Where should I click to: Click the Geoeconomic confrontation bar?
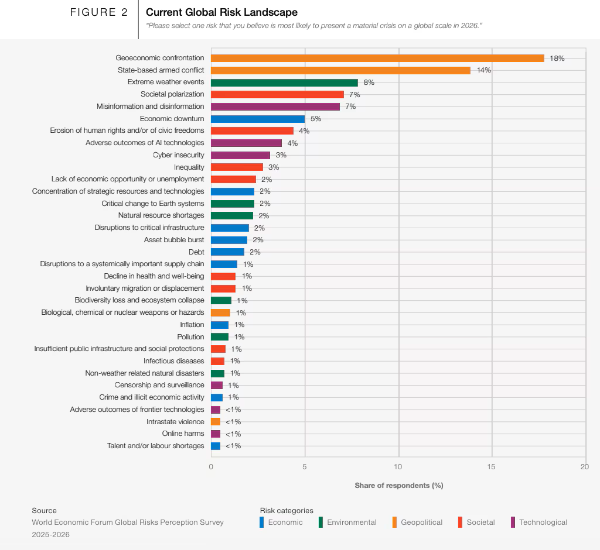point(377,58)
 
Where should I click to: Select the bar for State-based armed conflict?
point(340,70)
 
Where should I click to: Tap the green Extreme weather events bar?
point(284,82)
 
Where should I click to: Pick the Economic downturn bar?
point(258,119)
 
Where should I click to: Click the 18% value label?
point(557,59)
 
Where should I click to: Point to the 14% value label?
point(483,70)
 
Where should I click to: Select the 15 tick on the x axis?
point(492,466)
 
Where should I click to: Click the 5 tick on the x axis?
point(305,466)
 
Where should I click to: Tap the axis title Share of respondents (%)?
point(398,486)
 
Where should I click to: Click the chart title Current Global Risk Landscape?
point(221,12)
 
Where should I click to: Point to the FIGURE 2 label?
point(98,12)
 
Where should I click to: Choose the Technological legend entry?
point(543,522)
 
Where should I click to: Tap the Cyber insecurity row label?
point(179,155)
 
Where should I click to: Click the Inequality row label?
point(189,167)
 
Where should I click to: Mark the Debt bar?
point(227,252)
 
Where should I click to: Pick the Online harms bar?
point(216,434)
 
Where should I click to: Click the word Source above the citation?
point(45,511)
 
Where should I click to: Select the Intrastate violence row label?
point(175,422)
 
